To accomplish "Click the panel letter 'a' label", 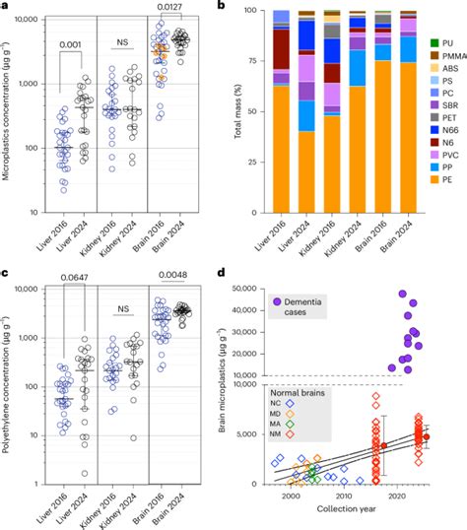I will point(6,7).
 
